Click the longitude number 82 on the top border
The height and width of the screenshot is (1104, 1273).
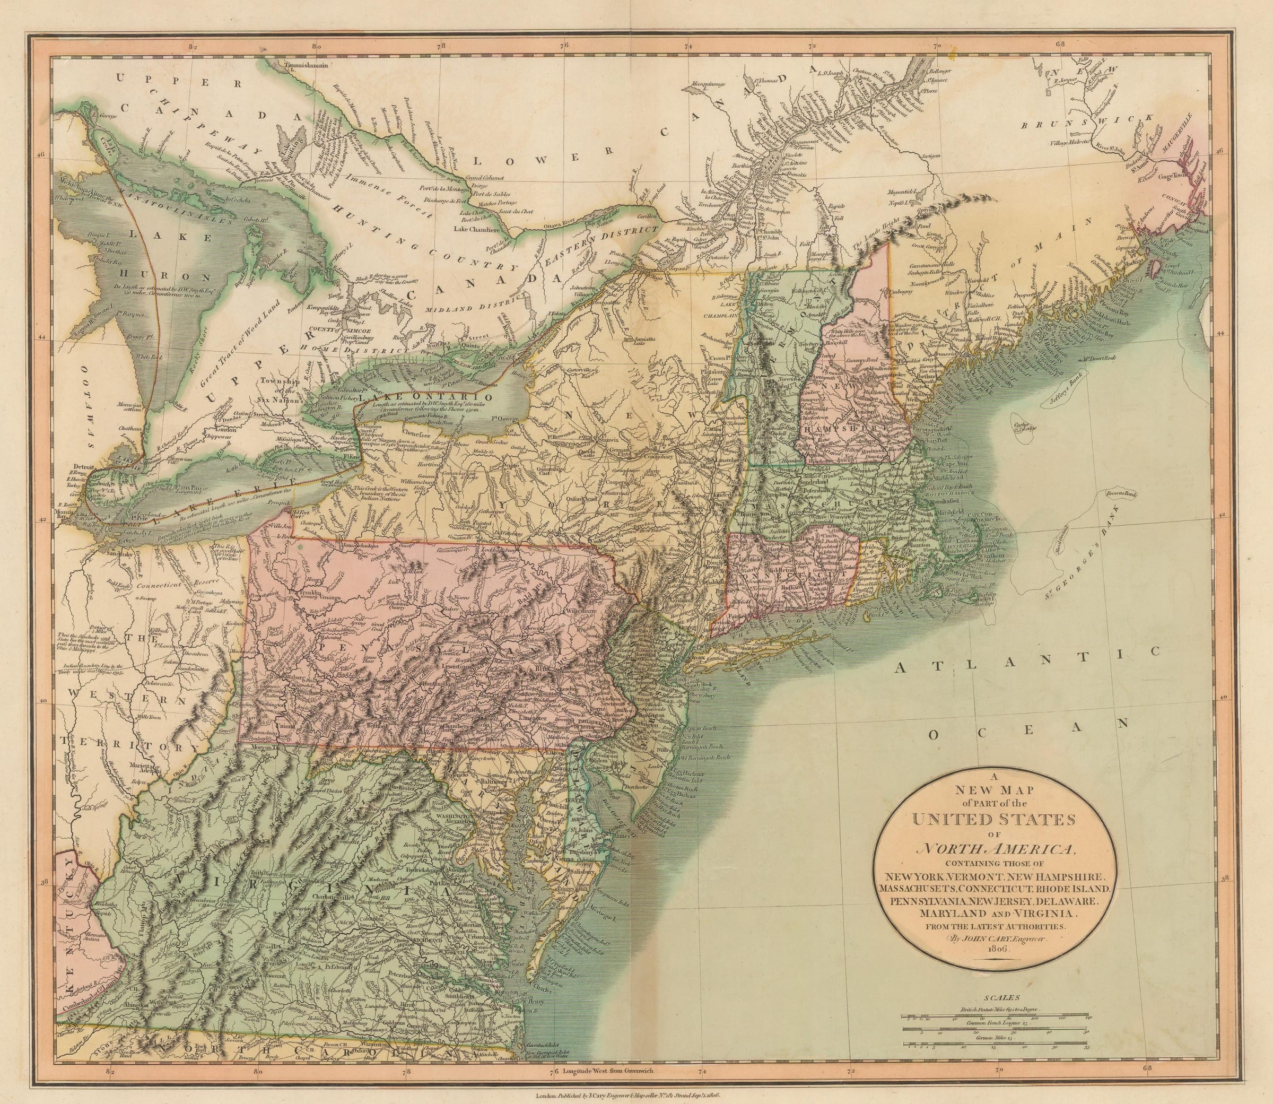[x=193, y=46]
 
